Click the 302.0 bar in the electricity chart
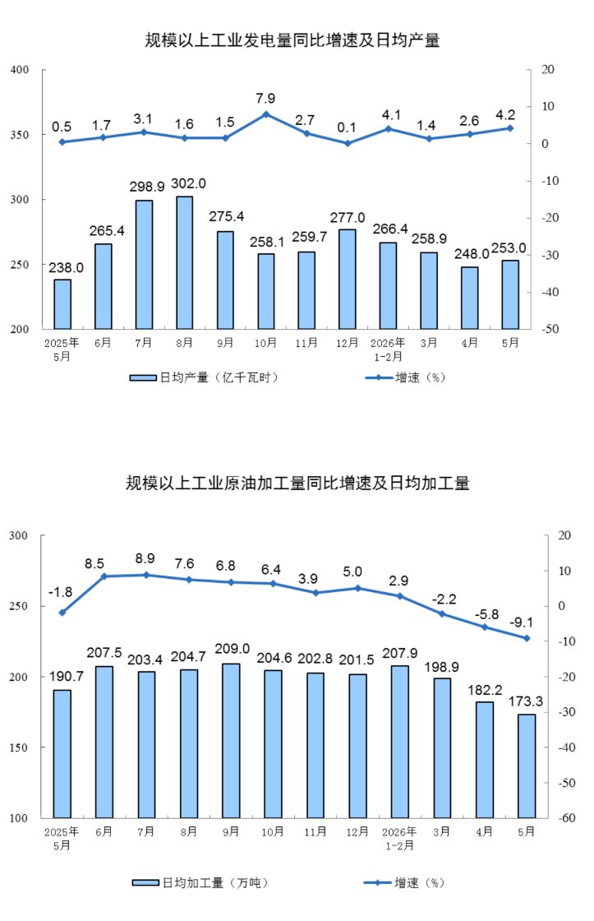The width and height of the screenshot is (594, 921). tap(184, 262)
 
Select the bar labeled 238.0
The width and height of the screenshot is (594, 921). tap(62, 304)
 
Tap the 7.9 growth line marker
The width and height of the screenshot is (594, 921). tap(266, 114)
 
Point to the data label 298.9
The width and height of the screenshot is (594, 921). tap(147, 187)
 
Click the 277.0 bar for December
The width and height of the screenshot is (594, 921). tap(348, 279)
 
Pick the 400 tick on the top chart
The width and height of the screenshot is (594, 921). tap(20, 70)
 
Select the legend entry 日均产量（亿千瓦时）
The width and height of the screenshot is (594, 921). tap(204, 377)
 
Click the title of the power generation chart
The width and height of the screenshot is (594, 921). tap(292, 40)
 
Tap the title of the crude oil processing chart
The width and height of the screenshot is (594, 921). tap(297, 484)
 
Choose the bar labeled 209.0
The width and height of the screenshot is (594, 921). tap(231, 741)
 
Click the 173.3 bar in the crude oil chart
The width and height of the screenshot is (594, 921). tap(527, 766)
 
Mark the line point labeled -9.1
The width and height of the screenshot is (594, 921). tap(527, 638)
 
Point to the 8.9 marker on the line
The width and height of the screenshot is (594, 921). tap(146, 575)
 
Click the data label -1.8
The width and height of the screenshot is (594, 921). tap(61, 593)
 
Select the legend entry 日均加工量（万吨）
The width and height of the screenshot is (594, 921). tap(200, 883)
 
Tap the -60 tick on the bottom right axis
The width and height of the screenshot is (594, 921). tap(566, 818)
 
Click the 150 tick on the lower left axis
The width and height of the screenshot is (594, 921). tap(19, 747)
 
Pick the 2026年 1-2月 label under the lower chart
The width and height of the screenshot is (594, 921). tap(400, 839)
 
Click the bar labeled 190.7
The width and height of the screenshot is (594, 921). tap(62, 754)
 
